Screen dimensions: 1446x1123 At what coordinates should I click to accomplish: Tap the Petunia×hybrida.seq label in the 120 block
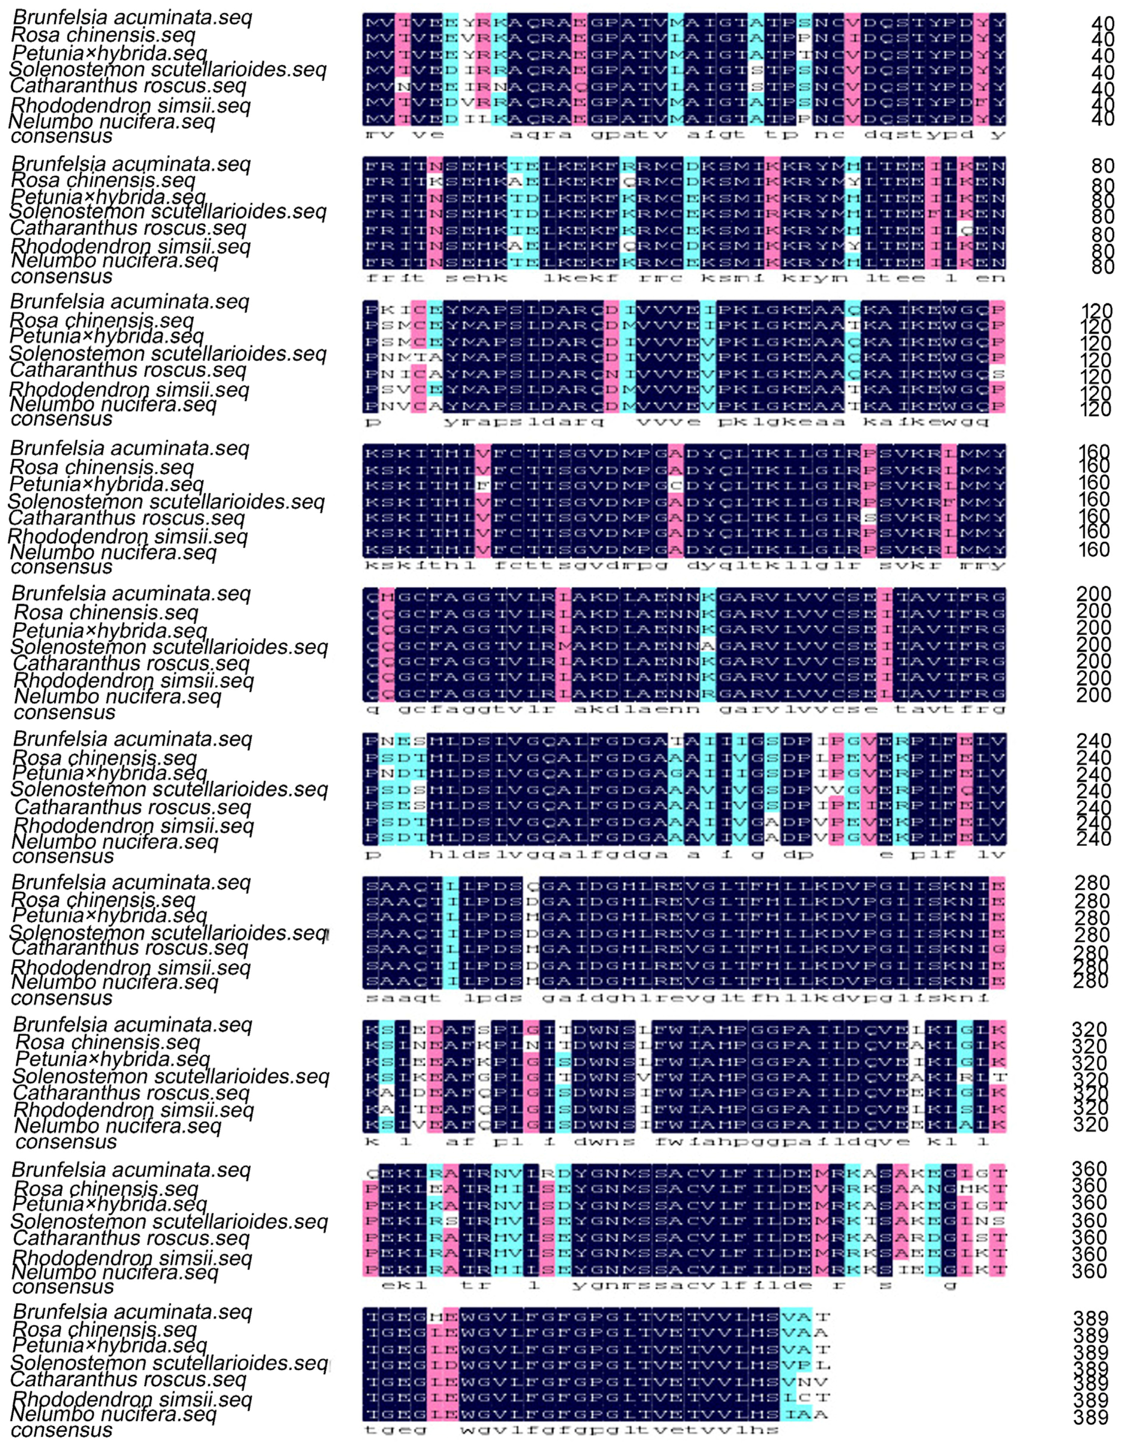click(x=107, y=336)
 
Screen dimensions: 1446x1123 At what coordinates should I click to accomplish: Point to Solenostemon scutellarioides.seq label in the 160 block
click(x=166, y=502)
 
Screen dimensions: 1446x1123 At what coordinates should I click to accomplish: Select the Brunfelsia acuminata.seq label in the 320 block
click(x=132, y=1025)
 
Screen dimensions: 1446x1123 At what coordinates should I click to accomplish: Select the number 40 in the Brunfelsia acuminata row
click(x=1103, y=24)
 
